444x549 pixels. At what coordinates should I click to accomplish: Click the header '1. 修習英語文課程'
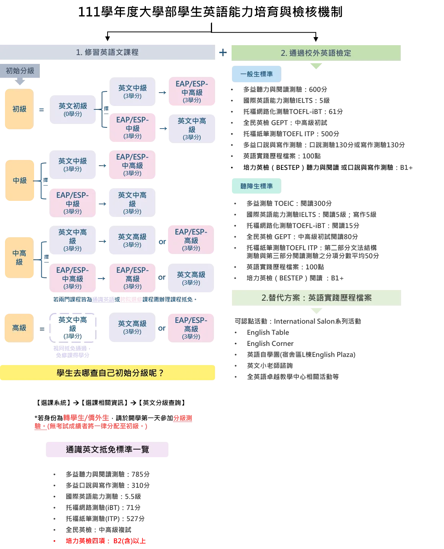pyautogui.click(x=108, y=52)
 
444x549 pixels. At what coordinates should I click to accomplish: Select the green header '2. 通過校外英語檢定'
pyautogui.click(x=315, y=52)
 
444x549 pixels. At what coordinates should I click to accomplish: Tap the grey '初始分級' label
pyautogui.click(x=20, y=71)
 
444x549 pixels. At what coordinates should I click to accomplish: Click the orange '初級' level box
pyautogui.click(x=19, y=109)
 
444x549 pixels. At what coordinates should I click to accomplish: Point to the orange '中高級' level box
pyautogui.click(x=19, y=257)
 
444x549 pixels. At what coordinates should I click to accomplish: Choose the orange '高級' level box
pyautogui.click(x=19, y=327)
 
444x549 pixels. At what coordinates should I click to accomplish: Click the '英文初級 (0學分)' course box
pyautogui.click(x=73, y=109)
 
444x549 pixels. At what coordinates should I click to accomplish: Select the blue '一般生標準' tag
pyautogui.click(x=256, y=74)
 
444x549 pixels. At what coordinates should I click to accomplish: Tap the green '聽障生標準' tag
pyautogui.click(x=256, y=186)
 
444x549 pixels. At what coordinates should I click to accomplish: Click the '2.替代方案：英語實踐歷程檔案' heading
pyautogui.click(x=315, y=297)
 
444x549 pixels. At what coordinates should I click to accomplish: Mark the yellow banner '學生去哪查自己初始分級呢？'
pyautogui.click(x=109, y=373)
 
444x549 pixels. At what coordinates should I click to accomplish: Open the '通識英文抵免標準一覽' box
pyautogui.click(x=107, y=450)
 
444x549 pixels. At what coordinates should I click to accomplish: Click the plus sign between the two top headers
pyautogui.click(x=222, y=52)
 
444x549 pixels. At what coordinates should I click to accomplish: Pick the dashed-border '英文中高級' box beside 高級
pyautogui.click(x=73, y=327)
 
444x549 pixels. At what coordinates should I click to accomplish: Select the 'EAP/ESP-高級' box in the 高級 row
pyautogui.click(x=191, y=327)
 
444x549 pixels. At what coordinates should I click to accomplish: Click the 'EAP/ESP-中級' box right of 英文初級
pyautogui.click(x=132, y=128)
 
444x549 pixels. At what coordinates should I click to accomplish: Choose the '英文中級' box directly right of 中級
pyautogui.click(x=73, y=165)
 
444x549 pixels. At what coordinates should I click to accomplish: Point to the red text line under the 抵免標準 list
pyautogui.click(x=106, y=541)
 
